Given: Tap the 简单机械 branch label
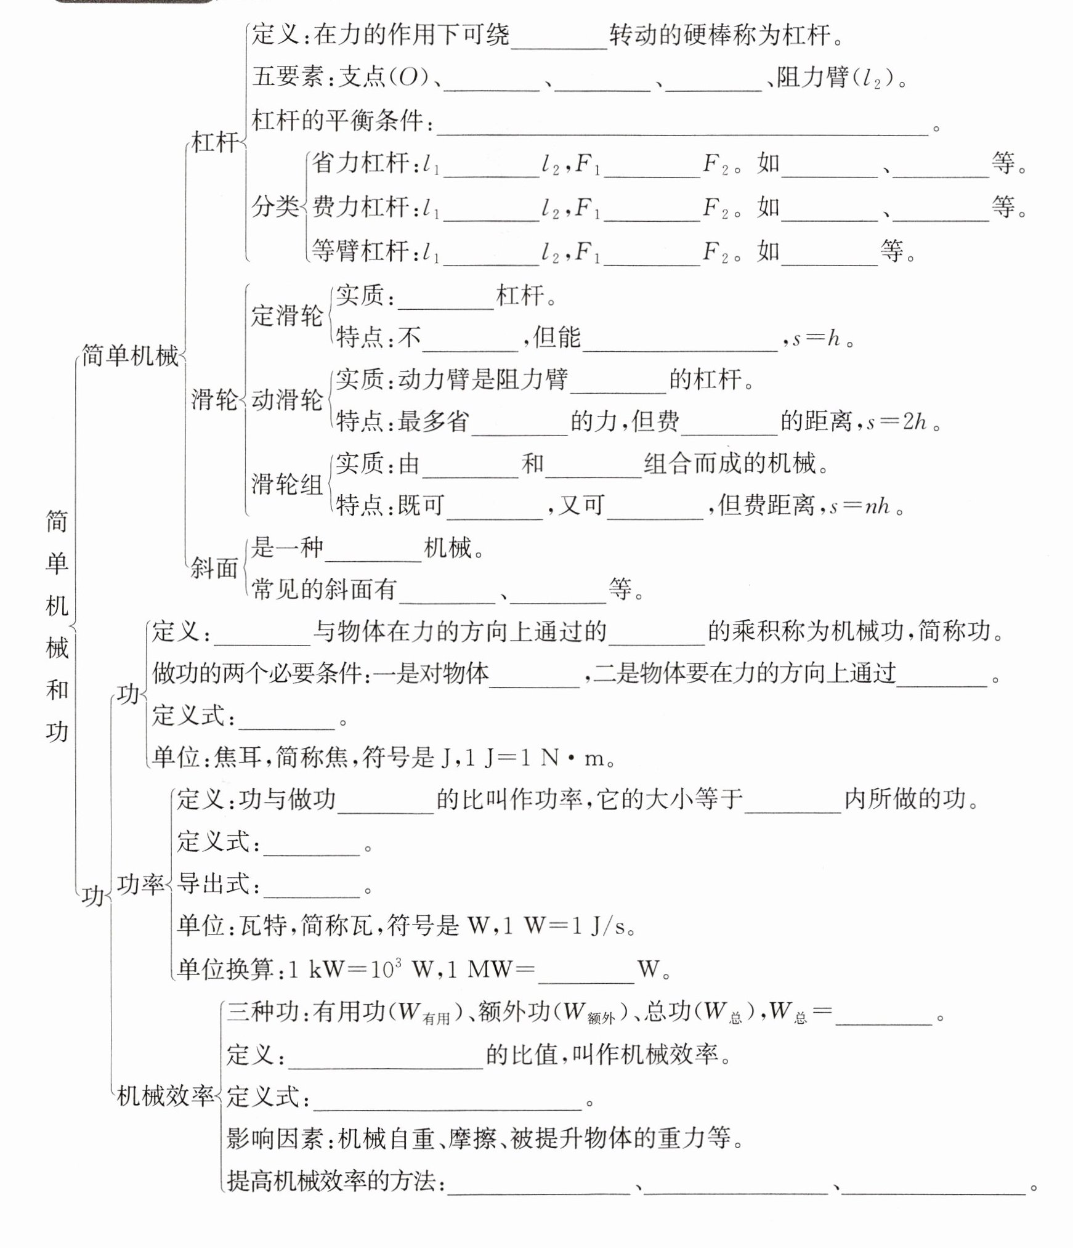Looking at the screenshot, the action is point(131,356).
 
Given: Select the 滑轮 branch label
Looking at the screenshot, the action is point(214,400).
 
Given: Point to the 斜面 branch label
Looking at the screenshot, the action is point(214,568).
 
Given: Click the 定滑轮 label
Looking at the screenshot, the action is point(287,315).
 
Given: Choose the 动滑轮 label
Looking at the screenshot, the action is point(287,400).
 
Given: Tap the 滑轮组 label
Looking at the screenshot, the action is point(287,484).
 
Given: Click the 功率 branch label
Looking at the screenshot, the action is point(141,885).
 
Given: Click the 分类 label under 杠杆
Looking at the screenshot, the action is point(275,207).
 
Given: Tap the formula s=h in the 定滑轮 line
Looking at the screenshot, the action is point(816,338).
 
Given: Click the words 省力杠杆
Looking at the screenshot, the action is point(360,163).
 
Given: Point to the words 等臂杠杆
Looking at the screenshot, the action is point(360,251).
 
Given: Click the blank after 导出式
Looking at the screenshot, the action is point(311,888).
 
